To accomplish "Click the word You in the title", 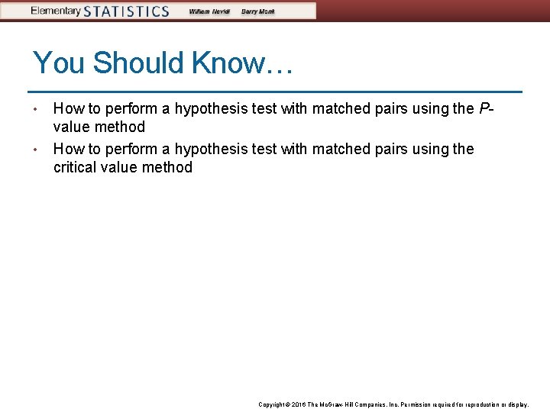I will click(60, 63).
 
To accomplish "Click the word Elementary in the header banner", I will click(56, 11).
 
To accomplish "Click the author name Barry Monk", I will click(258, 11).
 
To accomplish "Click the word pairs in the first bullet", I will click(393, 108).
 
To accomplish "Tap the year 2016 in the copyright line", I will click(299, 404).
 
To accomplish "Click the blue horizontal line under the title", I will click(275, 92).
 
